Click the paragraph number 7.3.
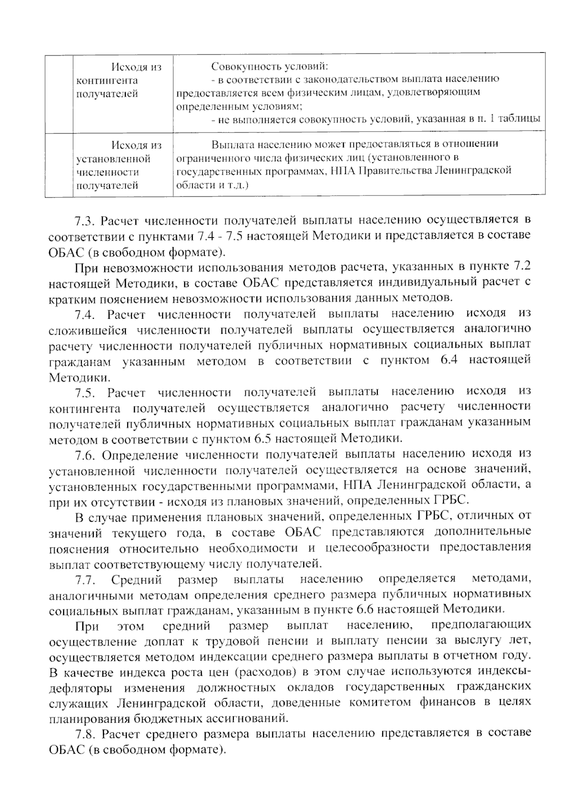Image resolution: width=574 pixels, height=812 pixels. (x=84, y=220)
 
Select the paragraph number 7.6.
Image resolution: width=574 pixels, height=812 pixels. (x=84, y=454)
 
